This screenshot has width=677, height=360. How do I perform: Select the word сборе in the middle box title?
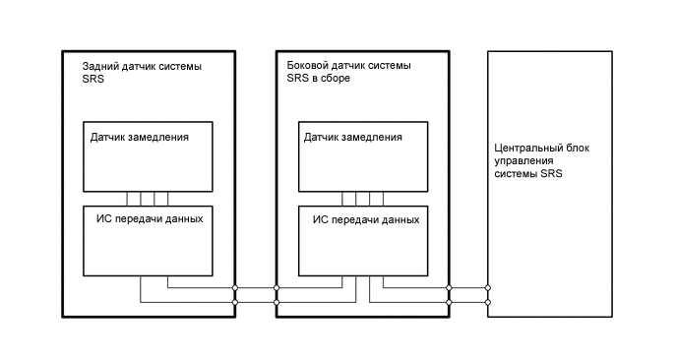[x=336, y=79]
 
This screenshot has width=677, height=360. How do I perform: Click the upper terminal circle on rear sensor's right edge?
[x=235, y=288]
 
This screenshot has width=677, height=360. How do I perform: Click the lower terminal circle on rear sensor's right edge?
[x=235, y=302]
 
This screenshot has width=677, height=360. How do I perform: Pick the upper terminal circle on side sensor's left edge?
[x=277, y=288]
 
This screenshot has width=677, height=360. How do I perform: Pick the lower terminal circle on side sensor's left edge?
[x=277, y=302]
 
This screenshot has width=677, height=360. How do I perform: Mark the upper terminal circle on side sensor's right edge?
[x=449, y=288]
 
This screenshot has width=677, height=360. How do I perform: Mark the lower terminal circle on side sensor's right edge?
[x=449, y=302]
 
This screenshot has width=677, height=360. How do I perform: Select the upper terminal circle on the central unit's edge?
[x=489, y=288]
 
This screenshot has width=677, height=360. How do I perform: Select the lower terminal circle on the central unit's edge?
[x=489, y=302]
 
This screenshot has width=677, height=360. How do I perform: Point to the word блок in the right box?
[x=571, y=149]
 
